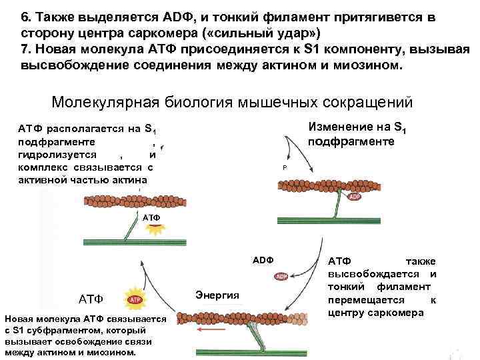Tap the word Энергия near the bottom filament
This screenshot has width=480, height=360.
pos(217,295)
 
